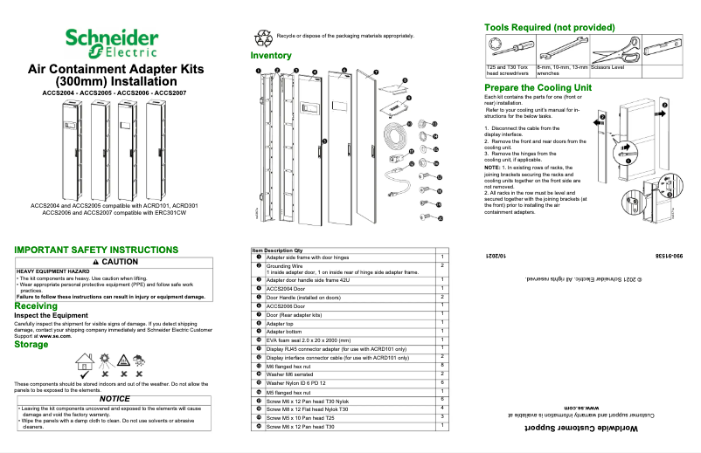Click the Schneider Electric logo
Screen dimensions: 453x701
[111, 43]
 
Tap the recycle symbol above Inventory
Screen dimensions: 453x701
[262, 38]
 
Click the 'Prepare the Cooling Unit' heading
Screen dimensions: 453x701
[538, 88]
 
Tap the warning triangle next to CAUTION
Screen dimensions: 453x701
[94, 262]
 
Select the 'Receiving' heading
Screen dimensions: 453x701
[36, 306]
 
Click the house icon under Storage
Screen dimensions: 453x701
[85, 360]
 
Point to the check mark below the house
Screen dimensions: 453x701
[85, 374]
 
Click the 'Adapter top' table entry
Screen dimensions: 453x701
[284, 323]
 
